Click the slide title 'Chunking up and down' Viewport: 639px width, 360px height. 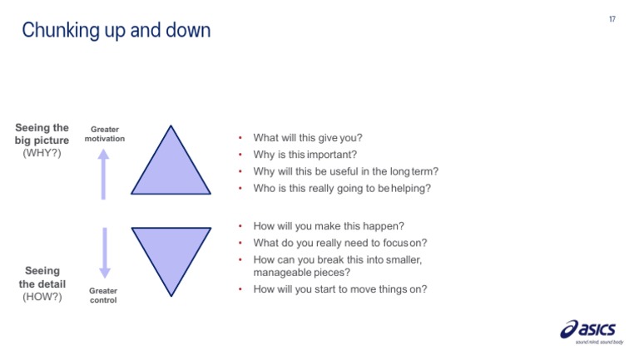click(116, 31)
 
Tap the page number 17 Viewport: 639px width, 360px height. click(612, 18)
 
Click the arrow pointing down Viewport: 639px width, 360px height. click(104, 253)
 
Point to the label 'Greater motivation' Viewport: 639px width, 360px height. click(104, 133)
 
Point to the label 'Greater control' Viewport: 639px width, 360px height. click(104, 295)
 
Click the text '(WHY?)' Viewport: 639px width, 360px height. click(42, 154)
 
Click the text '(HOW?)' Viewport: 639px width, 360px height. click(42, 297)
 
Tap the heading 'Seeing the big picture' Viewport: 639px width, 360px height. click(42, 134)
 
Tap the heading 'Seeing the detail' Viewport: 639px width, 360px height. click(42, 277)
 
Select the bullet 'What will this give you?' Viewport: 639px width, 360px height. click(308, 138)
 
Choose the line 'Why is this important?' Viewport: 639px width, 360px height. click(305, 155)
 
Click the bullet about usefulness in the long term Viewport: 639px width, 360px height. click(345, 171)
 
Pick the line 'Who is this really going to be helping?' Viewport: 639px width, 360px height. click(342, 188)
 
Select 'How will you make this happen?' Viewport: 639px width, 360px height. click(327, 225)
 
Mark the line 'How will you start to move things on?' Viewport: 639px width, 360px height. click(340, 288)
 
